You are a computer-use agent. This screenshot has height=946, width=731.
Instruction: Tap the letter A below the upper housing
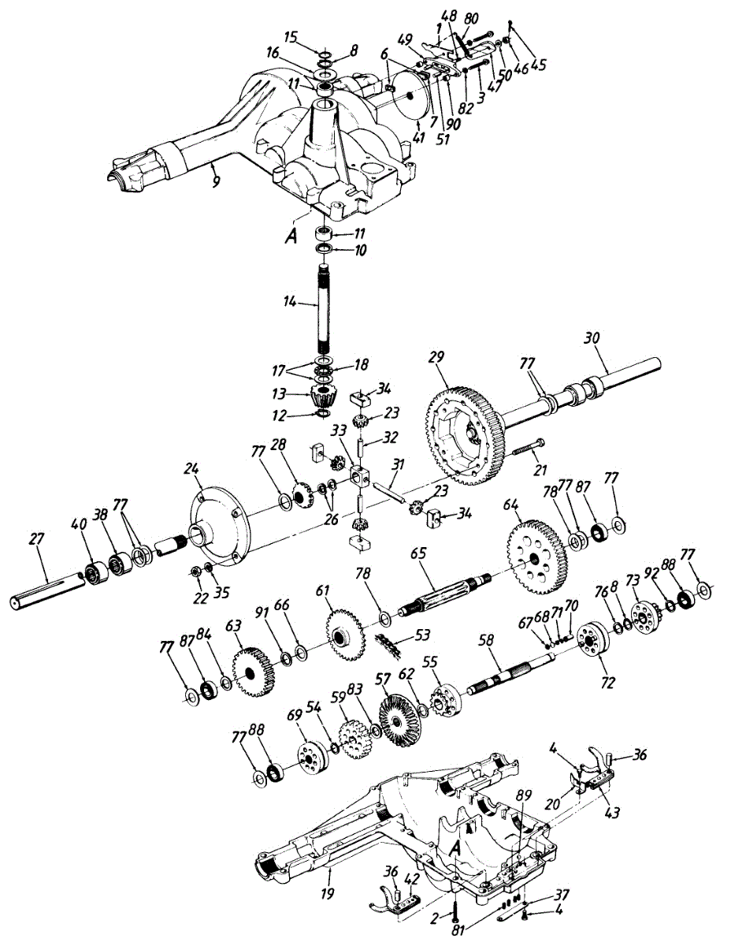click(291, 236)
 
